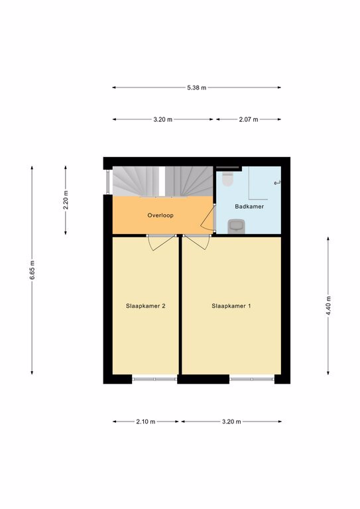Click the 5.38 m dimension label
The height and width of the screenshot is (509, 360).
tap(196, 87)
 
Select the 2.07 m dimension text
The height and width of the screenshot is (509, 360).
tap(249, 119)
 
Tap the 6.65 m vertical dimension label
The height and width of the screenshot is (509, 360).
tap(32, 270)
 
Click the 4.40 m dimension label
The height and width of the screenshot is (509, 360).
tap(329, 306)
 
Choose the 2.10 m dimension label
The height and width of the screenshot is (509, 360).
tap(146, 422)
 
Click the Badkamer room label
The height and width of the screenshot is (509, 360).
tap(249, 207)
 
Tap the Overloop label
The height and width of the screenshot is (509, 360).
tap(160, 215)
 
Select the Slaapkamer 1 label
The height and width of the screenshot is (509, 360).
tap(231, 306)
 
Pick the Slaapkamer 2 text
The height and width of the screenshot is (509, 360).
tap(146, 306)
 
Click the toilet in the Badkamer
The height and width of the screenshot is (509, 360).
tap(228, 179)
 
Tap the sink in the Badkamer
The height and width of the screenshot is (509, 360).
tap(236, 226)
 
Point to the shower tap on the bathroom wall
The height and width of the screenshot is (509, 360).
tap(277, 183)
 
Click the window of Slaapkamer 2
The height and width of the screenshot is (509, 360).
tap(154, 379)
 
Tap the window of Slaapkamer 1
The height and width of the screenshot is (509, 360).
tap(252, 379)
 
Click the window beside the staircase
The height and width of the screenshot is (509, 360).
tap(108, 182)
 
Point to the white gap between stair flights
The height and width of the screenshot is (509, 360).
tap(162, 182)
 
